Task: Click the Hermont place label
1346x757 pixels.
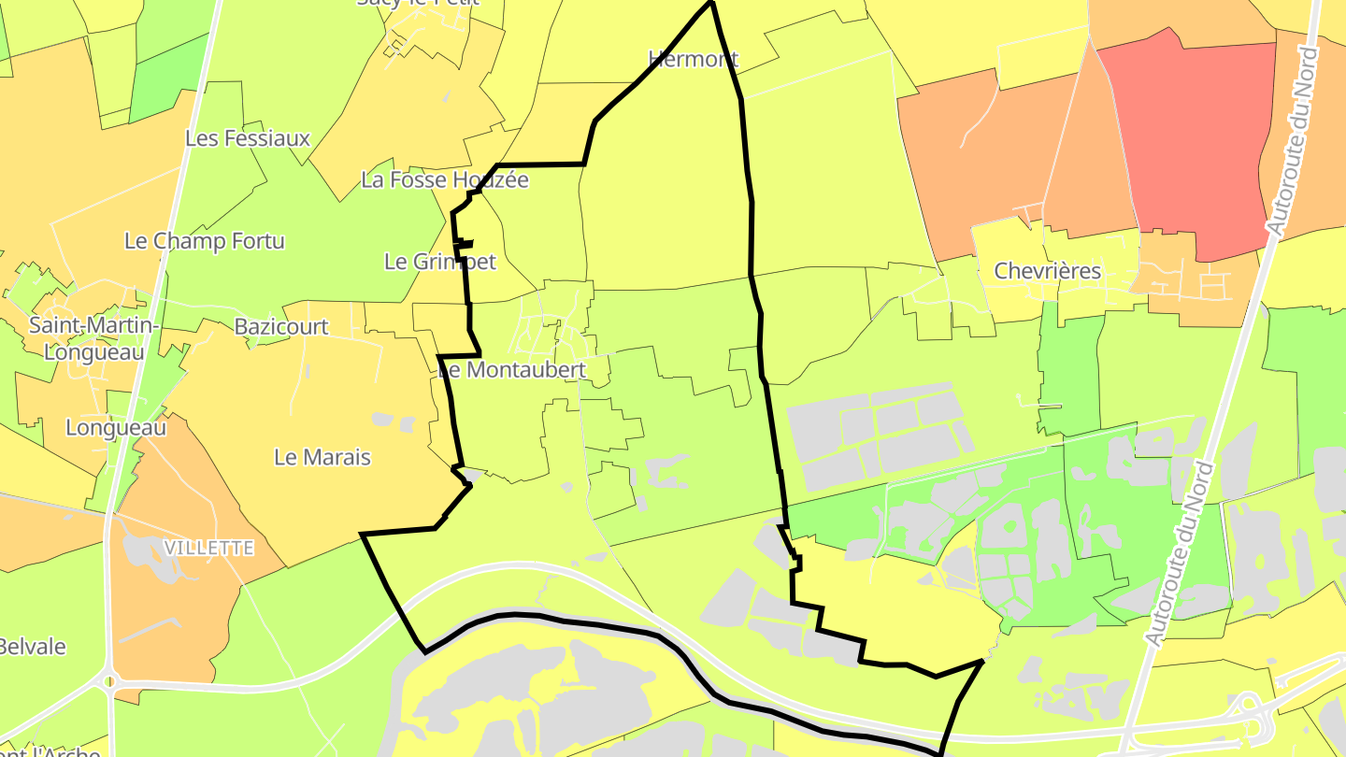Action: [694, 60]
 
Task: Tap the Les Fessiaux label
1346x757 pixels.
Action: [248, 138]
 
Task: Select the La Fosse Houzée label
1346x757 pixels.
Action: [445, 179]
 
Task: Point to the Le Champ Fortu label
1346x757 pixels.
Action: [205, 241]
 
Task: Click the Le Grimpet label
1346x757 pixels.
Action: [440, 262]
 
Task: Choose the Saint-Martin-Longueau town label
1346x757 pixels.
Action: [93, 338]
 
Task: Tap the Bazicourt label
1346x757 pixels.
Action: [281, 327]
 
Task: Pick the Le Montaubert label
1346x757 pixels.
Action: [512, 370]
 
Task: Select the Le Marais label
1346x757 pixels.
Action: [322, 457]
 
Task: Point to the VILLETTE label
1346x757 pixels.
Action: [208, 548]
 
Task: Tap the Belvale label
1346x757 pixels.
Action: [32, 647]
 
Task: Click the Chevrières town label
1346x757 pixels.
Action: [1048, 272]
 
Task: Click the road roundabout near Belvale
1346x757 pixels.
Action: [109, 681]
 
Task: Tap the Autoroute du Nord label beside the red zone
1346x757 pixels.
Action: [1294, 136]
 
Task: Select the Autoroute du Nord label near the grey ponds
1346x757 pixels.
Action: [1181, 553]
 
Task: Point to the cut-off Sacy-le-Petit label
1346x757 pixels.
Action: [418, 3]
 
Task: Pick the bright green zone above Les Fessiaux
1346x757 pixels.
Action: [168, 79]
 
